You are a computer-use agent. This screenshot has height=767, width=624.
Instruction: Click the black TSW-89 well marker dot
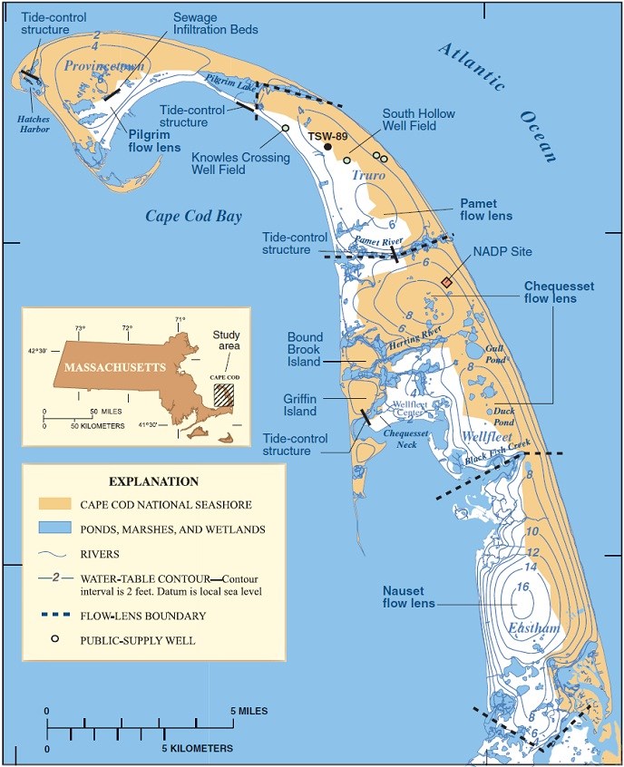pyautogui.click(x=327, y=148)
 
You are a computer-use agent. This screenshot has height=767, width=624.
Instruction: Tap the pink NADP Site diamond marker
pyautogui.click(x=446, y=283)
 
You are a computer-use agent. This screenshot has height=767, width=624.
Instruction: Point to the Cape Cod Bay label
pyautogui.click(x=187, y=216)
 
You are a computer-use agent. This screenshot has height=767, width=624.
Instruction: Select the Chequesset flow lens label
pyautogui.click(x=559, y=292)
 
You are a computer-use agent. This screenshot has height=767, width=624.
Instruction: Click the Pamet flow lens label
pyautogui.click(x=486, y=209)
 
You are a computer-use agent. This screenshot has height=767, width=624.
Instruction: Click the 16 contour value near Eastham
pyautogui.click(x=522, y=587)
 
